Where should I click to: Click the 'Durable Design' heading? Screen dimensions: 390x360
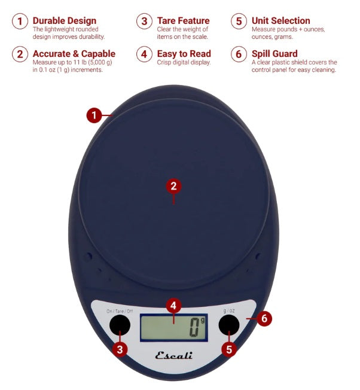(65, 20)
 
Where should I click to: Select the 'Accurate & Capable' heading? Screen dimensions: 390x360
(74, 54)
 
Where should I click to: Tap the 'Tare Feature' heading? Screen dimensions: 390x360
(183, 20)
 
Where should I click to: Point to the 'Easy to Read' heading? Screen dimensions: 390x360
(184, 54)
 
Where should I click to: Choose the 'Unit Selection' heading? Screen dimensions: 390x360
(280, 20)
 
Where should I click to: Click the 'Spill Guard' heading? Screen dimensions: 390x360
(274, 54)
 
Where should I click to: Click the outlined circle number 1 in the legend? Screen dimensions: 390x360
(21, 22)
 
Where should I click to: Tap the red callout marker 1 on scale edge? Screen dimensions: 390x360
(94, 115)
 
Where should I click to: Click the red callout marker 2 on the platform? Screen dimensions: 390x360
(173, 185)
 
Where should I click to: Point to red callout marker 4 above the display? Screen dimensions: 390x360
(173, 306)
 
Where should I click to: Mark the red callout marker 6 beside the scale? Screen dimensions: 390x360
(264, 318)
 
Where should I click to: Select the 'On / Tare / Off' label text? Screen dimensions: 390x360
(120, 311)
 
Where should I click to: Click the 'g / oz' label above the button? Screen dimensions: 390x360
(228, 311)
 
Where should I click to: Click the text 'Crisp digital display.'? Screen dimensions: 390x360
(184, 63)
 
